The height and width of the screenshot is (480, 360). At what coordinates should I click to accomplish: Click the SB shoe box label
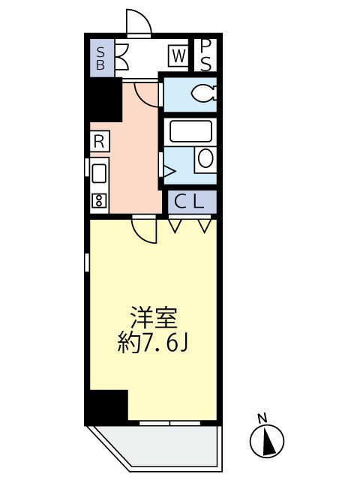[100, 58]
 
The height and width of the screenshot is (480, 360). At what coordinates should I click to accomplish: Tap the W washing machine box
[178, 55]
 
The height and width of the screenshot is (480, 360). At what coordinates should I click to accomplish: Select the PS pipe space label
[205, 55]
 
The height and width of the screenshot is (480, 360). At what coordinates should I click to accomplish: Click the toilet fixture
[201, 94]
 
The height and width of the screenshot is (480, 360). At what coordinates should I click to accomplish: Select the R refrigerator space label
[98, 140]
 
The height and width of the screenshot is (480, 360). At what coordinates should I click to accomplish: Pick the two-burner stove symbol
[98, 201]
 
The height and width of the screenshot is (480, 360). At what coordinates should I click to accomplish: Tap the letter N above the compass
[262, 418]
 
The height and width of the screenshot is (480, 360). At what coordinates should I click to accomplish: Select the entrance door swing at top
[139, 24]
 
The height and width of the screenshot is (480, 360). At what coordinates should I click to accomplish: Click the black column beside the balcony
[106, 406]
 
